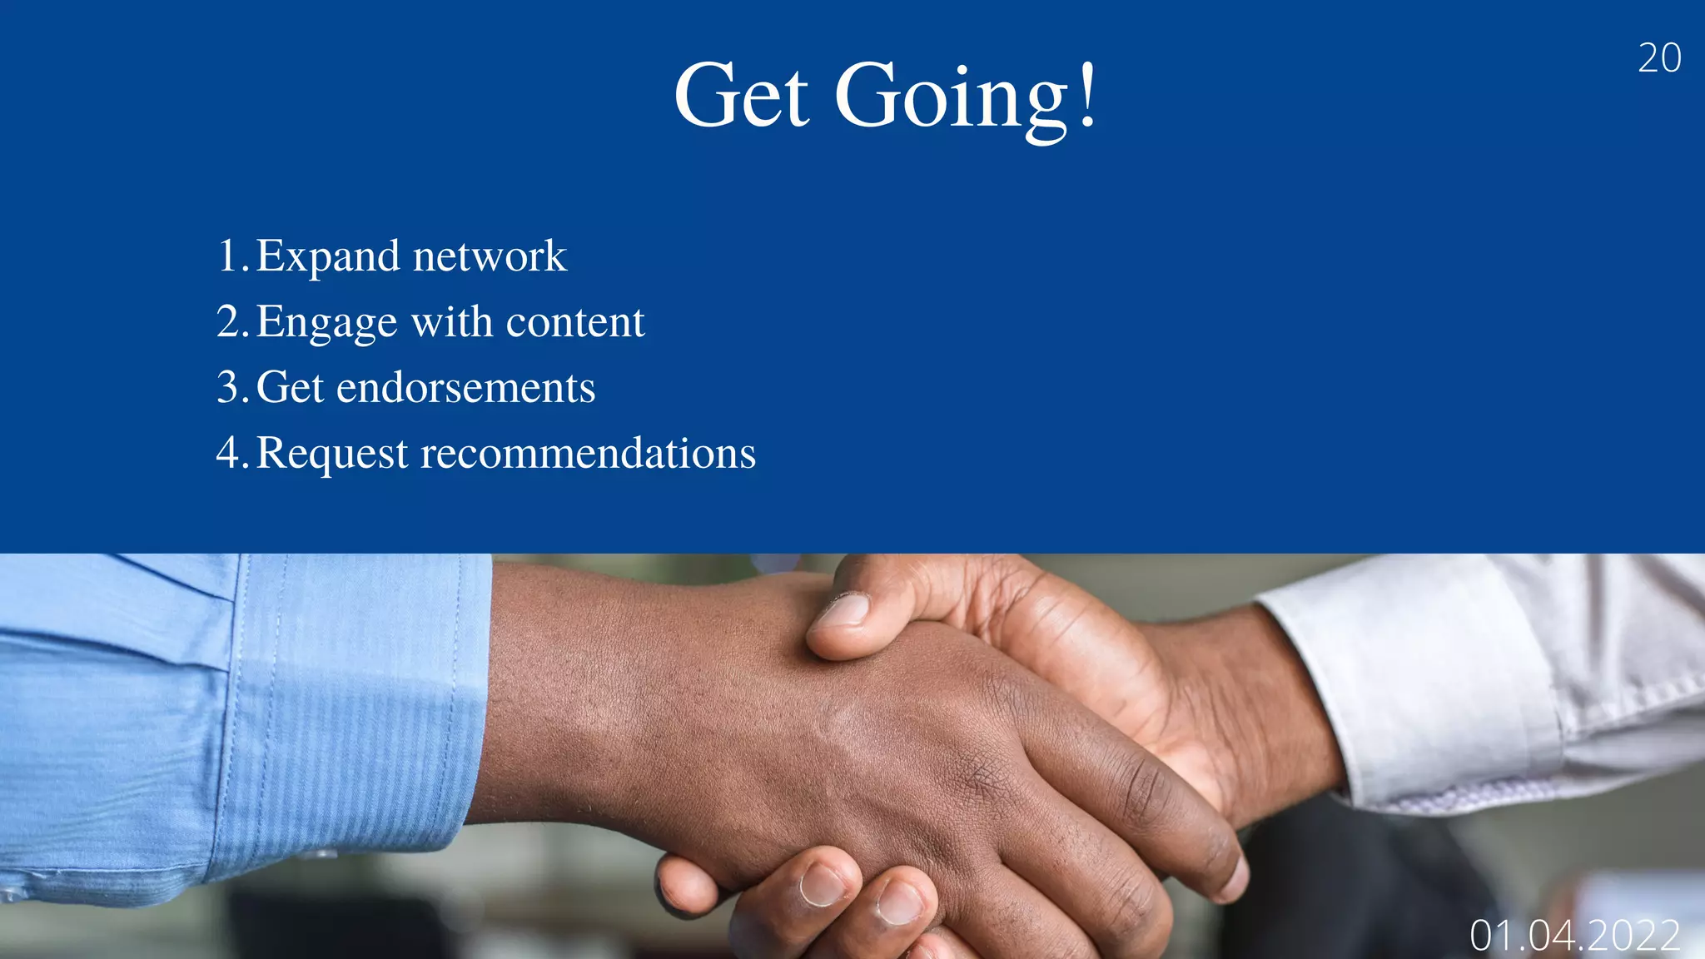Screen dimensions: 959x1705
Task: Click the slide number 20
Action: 1659,58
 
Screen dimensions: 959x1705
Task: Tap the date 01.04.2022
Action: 1574,936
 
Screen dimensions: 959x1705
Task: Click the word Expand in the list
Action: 327,256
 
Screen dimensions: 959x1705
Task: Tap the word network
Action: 490,256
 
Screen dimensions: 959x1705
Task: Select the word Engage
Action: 326,323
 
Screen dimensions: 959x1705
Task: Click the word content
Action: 574,322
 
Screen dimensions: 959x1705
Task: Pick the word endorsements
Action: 465,388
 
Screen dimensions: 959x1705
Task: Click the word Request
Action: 332,455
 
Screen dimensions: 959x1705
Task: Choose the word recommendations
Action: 588,454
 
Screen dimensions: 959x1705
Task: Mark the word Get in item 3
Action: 290,388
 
